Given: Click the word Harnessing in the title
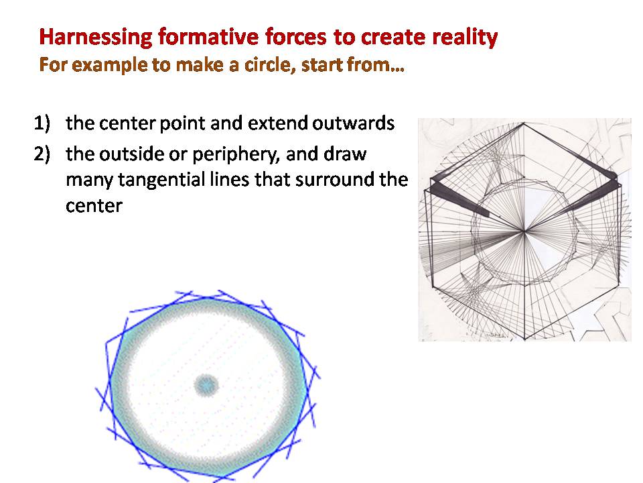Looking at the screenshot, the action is [96, 38].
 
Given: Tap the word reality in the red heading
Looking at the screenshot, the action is [465, 38].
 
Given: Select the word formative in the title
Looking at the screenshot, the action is [208, 36].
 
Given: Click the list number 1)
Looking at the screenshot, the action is [42, 123].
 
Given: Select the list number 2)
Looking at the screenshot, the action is [42, 154].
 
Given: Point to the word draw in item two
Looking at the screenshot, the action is [345, 154].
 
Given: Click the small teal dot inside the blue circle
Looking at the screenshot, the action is [206, 385].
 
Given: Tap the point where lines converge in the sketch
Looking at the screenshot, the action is [524, 232].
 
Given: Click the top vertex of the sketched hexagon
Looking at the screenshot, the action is [524, 123].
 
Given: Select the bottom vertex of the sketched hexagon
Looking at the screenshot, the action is [524, 339].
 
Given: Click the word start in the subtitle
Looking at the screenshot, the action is [322, 65].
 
